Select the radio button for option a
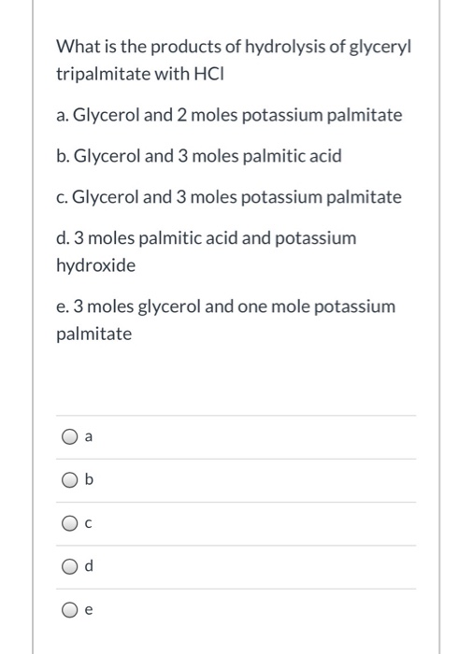tap(70, 437)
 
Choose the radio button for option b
tap(70, 481)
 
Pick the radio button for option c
tap(70, 524)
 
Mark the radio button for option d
tap(70, 567)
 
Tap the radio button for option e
tap(70, 611)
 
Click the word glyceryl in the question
tap(379, 46)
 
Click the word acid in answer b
tap(324, 156)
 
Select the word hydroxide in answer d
tap(95, 265)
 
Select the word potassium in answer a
tap(284, 115)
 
